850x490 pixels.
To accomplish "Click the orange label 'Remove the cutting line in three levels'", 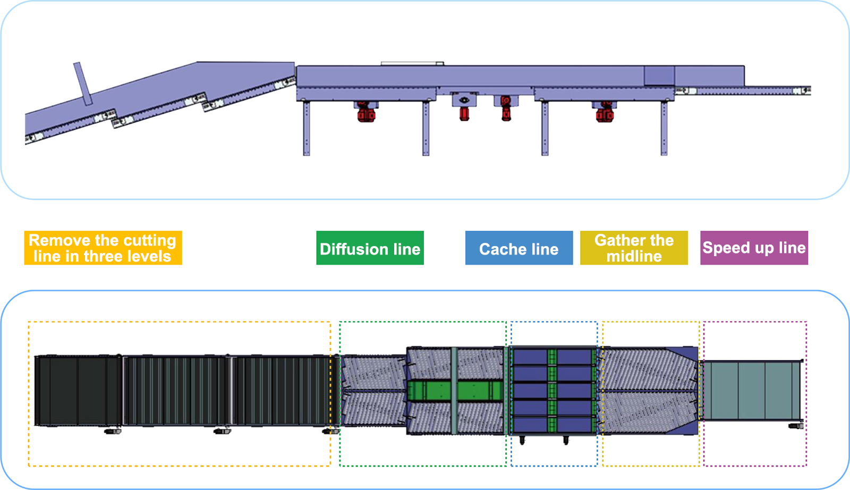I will pos(103,248).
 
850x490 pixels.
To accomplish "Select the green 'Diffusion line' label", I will pos(370,248).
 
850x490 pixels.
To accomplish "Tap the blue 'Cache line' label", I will pos(518,248).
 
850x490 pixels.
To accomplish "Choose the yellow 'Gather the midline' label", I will pos(634,248).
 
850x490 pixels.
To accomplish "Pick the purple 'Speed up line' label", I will pos(754,248).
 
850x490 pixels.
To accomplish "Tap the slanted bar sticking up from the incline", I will pos(83,83).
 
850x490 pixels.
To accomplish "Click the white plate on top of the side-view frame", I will pos(412,64).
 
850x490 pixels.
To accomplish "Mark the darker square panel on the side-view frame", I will pos(659,75).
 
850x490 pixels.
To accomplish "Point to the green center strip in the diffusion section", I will pos(454,391).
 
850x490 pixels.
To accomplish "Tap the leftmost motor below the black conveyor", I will pos(113,432).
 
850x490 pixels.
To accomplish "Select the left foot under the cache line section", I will pos(522,440).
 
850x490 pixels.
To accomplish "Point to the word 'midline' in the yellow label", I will pos(634,257).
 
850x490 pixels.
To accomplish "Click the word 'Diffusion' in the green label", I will pos(354,249).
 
